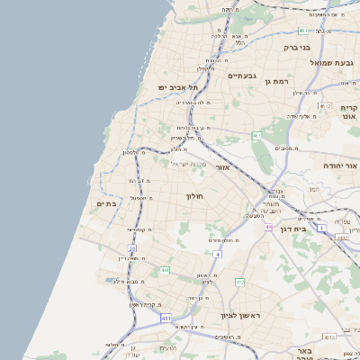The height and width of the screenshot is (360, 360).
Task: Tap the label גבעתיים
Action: pyautogui.click(x=242, y=76)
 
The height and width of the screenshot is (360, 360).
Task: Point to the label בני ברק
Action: pyautogui.click(x=296, y=47)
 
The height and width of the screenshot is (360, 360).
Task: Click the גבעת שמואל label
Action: pyautogui.click(x=334, y=63)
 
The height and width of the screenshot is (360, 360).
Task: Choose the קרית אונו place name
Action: pyautogui.click(x=349, y=112)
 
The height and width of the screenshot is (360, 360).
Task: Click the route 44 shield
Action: pyautogui.click(x=268, y=227)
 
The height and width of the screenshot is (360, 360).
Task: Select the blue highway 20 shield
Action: pyautogui.click(x=132, y=248)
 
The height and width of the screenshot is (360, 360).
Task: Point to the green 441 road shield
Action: pyautogui.click(x=164, y=270)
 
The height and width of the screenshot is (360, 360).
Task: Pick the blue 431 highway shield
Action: pyautogui.click(x=166, y=319)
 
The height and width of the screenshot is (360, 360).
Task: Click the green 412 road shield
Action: pyautogui.click(x=239, y=283)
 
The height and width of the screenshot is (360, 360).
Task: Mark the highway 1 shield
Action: pyautogui.click(x=321, y=229)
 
